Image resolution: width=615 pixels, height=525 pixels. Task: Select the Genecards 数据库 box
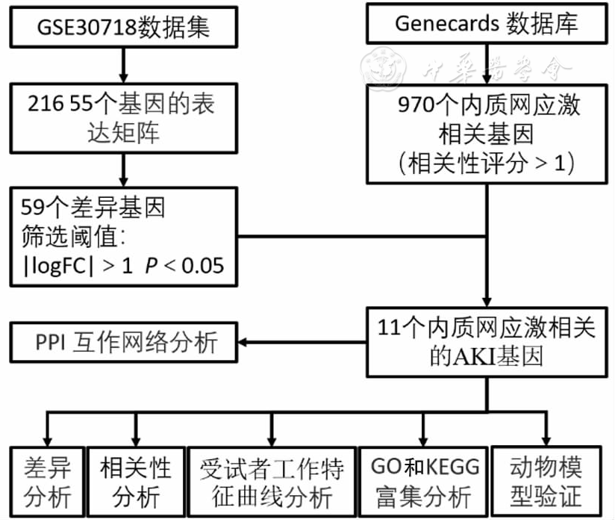pos(486,25)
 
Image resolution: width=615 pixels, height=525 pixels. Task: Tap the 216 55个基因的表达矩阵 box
pos(124,116)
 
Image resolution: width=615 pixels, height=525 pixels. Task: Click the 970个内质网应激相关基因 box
pos(486,133)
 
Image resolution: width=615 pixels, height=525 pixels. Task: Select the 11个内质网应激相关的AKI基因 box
pos(486,341)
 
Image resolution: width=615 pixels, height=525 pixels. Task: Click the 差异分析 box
pos(46,482)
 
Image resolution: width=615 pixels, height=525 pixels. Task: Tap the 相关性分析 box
pos(135,482)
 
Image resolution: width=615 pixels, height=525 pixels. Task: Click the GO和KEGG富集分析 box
pos(422,482)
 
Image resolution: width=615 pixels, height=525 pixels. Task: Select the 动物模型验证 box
pos(546,482)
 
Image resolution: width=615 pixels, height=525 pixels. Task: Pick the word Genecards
pos(446,24)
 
